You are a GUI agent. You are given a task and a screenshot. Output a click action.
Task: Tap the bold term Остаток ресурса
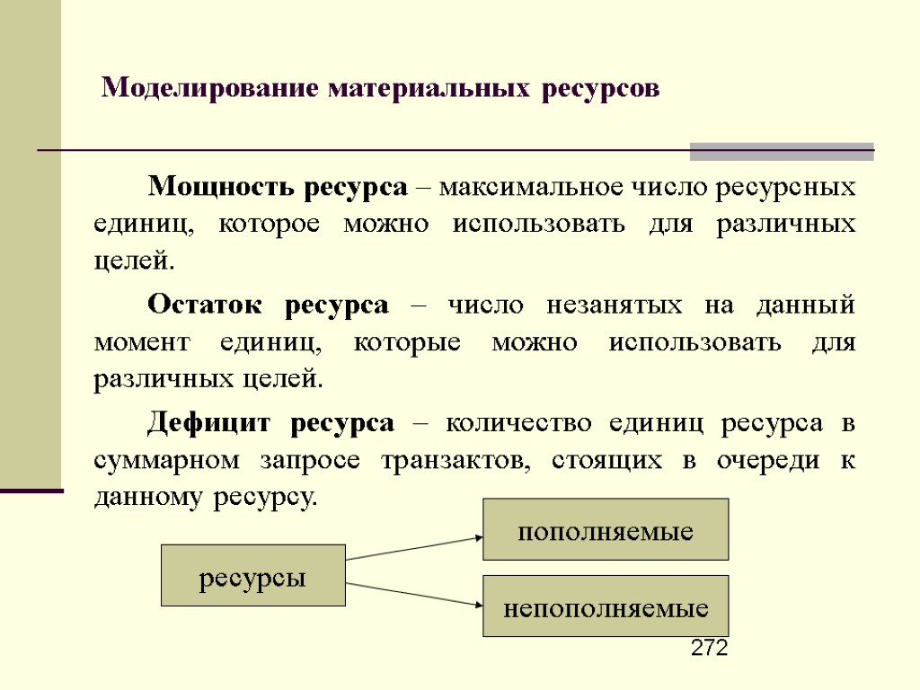(x=268, y=305)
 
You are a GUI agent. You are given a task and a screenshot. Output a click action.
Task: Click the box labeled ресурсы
(x=252, y=576)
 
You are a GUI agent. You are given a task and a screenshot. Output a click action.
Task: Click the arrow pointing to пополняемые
(x=414, y=549)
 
